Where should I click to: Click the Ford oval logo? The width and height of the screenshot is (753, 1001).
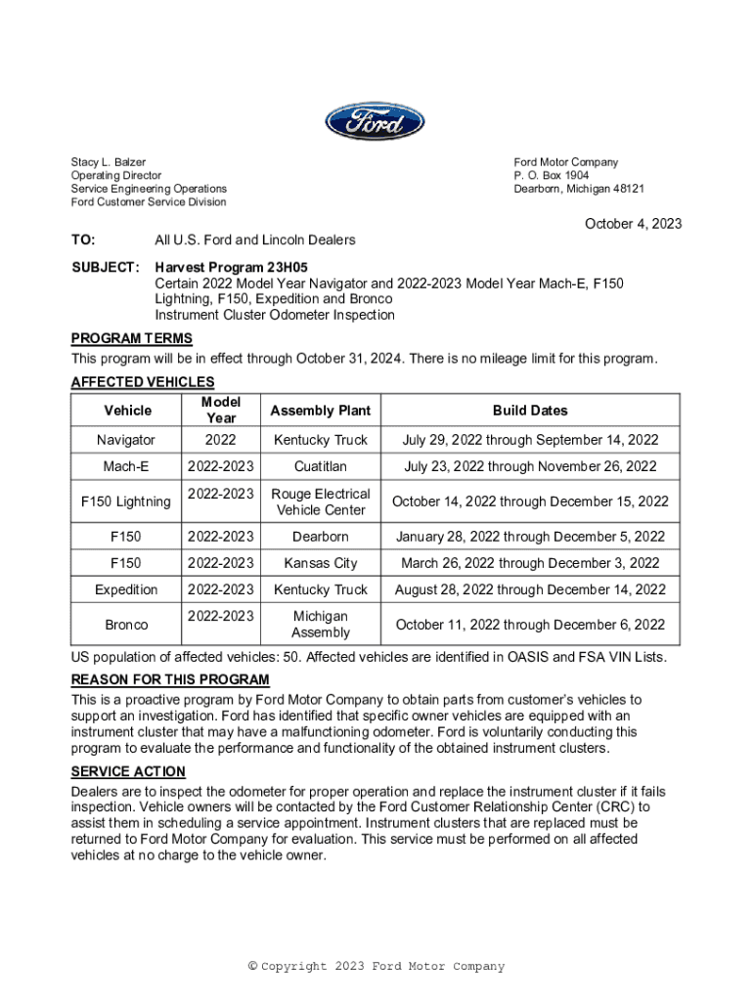click(376, 123)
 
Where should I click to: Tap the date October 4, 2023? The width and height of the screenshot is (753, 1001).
click(633, 224)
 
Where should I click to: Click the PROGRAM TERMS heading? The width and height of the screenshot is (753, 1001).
click(131, 339)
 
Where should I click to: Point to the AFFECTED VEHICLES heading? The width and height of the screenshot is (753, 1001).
click(143, 382)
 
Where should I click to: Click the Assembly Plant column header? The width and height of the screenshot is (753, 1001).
click(321, 411)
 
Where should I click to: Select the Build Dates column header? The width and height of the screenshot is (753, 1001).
click(530, 411)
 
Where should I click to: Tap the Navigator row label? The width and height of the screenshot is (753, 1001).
click(126, 440)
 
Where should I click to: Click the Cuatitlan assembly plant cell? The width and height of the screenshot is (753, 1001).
click(321, 467)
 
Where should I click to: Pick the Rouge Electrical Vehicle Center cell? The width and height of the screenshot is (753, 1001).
click(321, 501)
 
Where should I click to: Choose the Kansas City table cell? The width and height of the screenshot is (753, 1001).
click(321, 563)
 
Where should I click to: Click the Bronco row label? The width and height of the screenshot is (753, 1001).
click(126, 625)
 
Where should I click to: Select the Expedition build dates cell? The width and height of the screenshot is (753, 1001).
click(530, 589)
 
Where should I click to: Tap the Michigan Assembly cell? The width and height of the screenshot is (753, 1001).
click(321, 625)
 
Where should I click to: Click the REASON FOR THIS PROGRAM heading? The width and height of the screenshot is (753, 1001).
click(170, 680)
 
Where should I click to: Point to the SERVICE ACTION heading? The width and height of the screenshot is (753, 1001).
click(128, 772)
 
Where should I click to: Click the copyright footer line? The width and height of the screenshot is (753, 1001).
click(376, 967)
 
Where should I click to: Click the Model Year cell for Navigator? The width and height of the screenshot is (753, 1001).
click(221, 440)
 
